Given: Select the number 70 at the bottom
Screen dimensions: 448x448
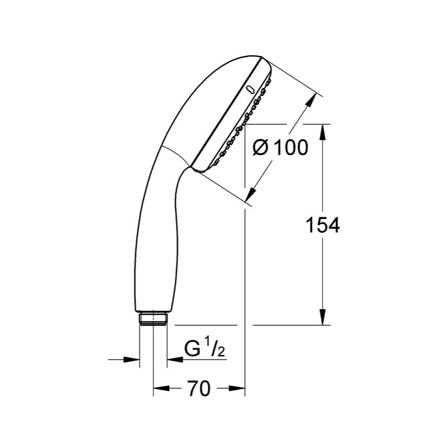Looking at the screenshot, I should [199, 388].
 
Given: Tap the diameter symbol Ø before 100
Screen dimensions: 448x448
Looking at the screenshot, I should [262, 148].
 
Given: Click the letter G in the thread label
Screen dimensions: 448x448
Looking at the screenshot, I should [192, 349].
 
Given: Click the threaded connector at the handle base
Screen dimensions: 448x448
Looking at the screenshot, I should [152, 318].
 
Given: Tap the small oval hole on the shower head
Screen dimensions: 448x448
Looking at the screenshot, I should [250, 88].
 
